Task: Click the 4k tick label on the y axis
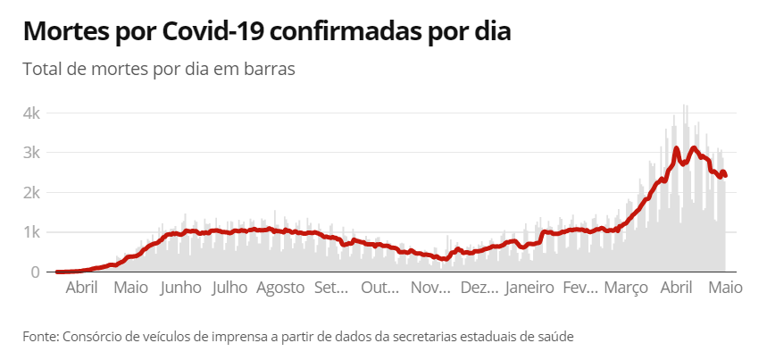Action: point(32,113)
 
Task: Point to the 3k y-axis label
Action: point(32,153)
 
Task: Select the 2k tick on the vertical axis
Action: point(32,193)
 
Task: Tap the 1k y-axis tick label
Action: point(32,232)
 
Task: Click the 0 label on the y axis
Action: point(35,272)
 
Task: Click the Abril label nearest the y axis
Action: point(82,289)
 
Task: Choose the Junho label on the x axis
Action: point(181,289)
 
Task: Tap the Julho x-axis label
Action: point(230,289)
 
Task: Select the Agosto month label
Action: point(280,289)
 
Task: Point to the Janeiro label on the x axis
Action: point(529,289)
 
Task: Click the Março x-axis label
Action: point(626,289)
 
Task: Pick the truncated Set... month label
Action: point(331,289)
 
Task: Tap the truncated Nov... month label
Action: point(431,289)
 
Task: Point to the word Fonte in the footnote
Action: point(39,337)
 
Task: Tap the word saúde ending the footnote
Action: point(554,337)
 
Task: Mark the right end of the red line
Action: point(725,175)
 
